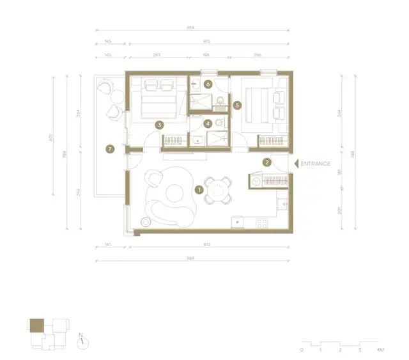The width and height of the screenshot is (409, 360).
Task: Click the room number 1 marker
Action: coord(199,189)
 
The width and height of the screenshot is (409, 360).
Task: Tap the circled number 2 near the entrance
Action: coord(267,162)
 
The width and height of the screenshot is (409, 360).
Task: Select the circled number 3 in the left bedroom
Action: coord(159,125)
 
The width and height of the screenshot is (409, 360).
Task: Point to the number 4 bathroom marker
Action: coord(208,123)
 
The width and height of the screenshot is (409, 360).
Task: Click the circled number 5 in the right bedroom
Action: coord(236,106)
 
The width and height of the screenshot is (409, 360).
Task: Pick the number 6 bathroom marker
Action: coord(208,84)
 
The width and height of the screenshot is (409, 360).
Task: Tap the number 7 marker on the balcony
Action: coord(110,149)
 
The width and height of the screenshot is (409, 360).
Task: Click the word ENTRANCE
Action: coord(316,164)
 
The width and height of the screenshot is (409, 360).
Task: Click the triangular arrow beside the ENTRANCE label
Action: coord(296,164)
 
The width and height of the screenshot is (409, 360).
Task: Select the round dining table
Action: coord(219,190)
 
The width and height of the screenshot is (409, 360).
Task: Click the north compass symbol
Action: coord(83,341)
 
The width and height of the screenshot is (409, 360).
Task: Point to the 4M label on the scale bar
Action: coord(380,350)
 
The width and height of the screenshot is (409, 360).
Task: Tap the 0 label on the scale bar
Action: coord(301,350)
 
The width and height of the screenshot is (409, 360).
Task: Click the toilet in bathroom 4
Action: coord(219,122)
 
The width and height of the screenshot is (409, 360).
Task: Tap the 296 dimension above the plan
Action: coord(258,55)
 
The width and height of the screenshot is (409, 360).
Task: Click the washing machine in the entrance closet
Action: coord(257,181)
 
